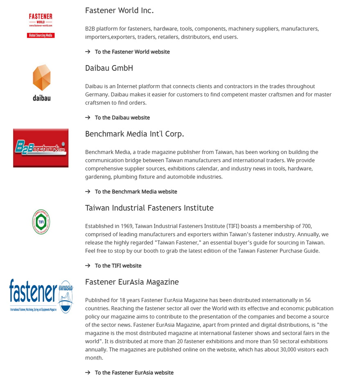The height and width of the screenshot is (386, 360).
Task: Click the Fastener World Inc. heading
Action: click(119, 11)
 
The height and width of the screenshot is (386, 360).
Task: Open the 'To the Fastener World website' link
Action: click(132, 52)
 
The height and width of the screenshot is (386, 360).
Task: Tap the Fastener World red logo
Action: click(41, 25)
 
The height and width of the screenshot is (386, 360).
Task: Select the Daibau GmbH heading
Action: click(109, 68)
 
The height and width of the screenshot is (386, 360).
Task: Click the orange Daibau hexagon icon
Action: click(42, 77)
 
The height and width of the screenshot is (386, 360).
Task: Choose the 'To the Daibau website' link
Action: click(122, 118)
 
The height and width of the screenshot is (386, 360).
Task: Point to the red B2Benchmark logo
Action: click(41, 148)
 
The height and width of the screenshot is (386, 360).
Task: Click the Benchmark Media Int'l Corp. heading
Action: click(134, 134)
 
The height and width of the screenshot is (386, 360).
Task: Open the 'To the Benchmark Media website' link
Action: click(136, 192)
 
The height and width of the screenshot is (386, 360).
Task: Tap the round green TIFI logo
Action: click(41, 222)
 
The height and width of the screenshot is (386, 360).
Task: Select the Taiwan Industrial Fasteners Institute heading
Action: click(149, 208)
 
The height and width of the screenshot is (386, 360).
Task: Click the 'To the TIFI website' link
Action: click(118, 266)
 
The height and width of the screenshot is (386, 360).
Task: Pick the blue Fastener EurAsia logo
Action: click(41, 296)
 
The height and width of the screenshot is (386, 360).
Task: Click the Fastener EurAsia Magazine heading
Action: click(132, 282)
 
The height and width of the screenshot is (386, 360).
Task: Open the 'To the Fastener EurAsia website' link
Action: click(134, 373)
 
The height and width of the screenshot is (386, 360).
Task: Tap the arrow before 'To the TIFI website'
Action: click(88, 266)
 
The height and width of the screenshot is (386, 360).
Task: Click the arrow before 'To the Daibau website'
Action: click(88, 118)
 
